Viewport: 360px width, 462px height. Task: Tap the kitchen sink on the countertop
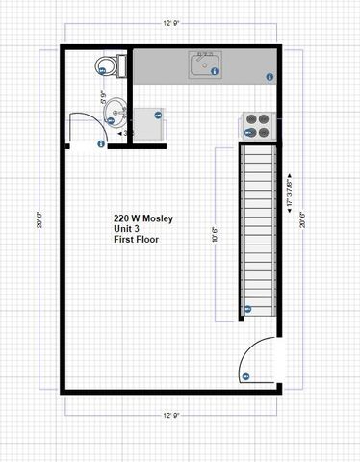click(x=204, y=67)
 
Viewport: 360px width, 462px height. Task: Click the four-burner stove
click(x=257, y=126)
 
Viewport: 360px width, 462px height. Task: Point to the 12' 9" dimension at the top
click(x=174, y=21)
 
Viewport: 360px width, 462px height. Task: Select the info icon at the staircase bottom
click(x=247, y=309)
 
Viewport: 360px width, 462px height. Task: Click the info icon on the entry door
click(x=245, y=376)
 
